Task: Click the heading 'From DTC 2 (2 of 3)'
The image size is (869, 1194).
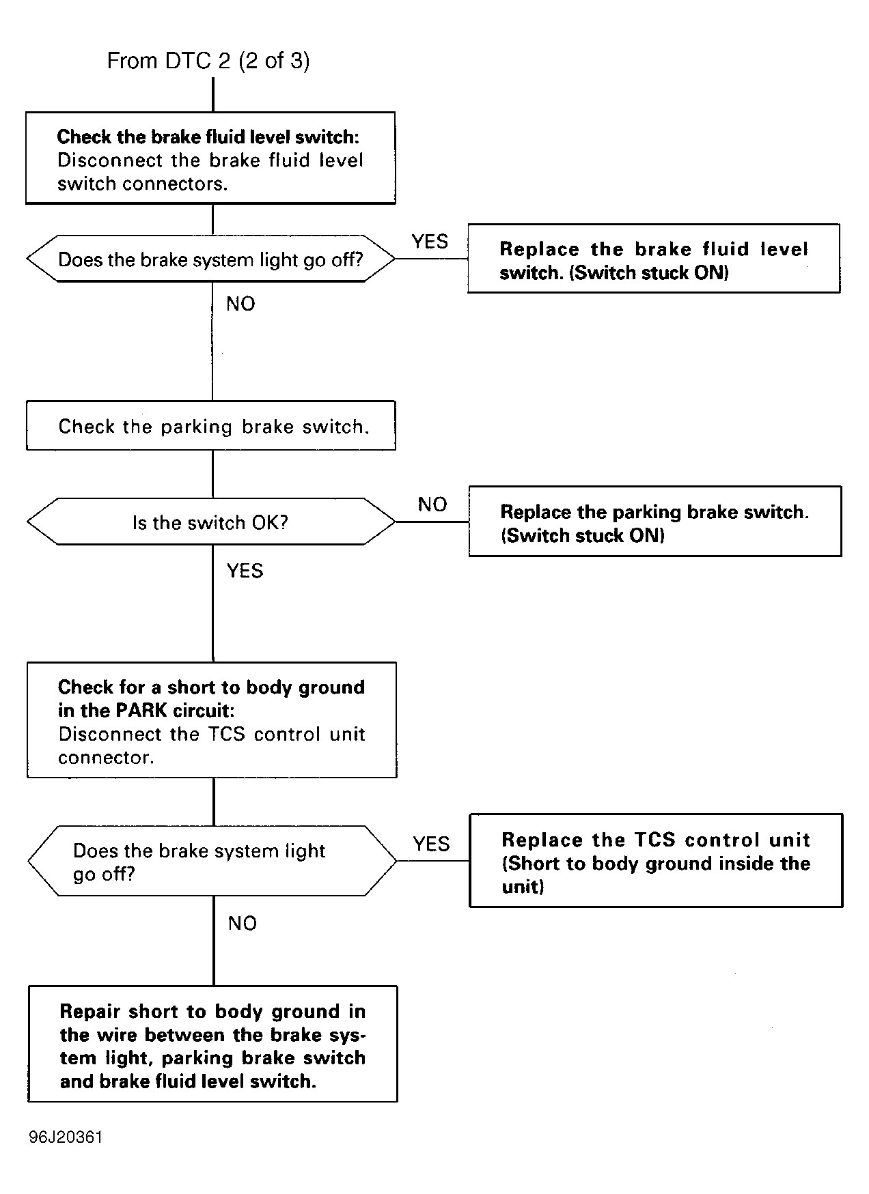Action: tap(208, 61)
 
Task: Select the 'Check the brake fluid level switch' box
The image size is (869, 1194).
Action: tap(210, 158)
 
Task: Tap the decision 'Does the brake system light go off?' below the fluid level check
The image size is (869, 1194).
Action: tap(210, 259)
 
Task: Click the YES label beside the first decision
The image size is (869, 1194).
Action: tap(430, 241)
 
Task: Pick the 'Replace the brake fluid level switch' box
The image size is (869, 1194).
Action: tap(654, 259)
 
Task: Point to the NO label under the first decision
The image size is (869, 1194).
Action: tap(240, 304)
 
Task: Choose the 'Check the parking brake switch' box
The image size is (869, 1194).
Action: tap(211, 425)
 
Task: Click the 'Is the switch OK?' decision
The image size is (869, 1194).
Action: tap(211, 522)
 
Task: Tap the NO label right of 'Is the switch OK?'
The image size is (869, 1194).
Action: tap(432, 504)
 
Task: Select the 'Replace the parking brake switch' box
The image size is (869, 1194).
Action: tap(655, 522)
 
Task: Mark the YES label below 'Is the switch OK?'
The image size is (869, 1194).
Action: tap(245, 571)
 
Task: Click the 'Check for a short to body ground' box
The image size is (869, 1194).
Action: tap(212, 720)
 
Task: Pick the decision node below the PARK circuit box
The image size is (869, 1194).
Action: tap(212, 861)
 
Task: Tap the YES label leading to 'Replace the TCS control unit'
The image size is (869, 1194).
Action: tap(431, 844)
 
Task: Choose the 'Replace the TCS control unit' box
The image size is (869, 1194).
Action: tap(656, 861)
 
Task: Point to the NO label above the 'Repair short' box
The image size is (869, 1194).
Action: tap(243, 924)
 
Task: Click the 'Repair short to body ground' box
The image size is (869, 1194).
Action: tap(212, 1044)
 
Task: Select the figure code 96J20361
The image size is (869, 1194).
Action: tap(66, 1137)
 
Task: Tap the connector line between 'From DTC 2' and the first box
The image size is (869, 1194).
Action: tap(213, 94)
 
